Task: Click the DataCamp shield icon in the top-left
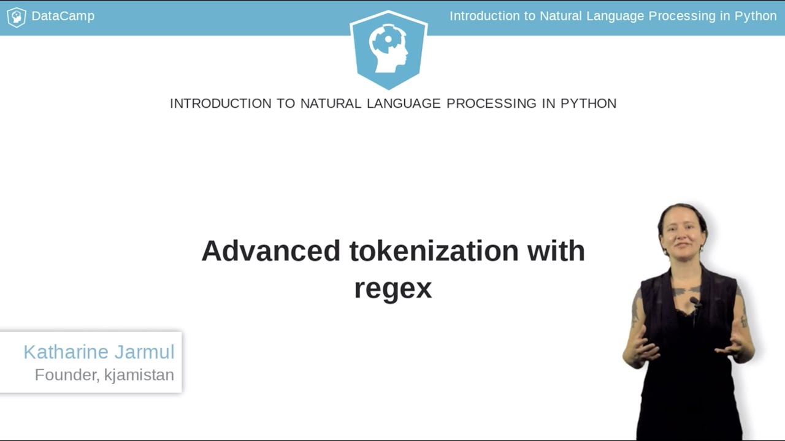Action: tap(16, 17)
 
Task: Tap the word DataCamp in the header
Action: tap(63, 17)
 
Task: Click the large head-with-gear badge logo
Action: tap(388, 49)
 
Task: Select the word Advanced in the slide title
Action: tap(270, 251)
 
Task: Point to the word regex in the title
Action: tap(393, 288)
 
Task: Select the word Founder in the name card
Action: tap(67, 375)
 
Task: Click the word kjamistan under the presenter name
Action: tap(139, 375)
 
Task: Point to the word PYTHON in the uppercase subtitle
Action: tap(588, 104)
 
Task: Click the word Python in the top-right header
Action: tap(756, 17)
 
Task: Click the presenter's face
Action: tap(682, 233)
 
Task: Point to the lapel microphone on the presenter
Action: tap(695, 301)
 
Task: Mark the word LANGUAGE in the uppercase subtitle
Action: tap(404, 104)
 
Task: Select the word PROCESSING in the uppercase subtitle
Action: tap(491, 104)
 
